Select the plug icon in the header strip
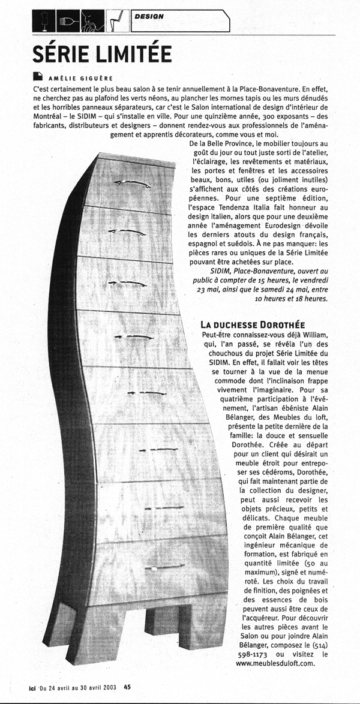coord(67,23)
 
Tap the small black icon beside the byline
coord(38,77)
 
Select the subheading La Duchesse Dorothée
coord(253,324)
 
